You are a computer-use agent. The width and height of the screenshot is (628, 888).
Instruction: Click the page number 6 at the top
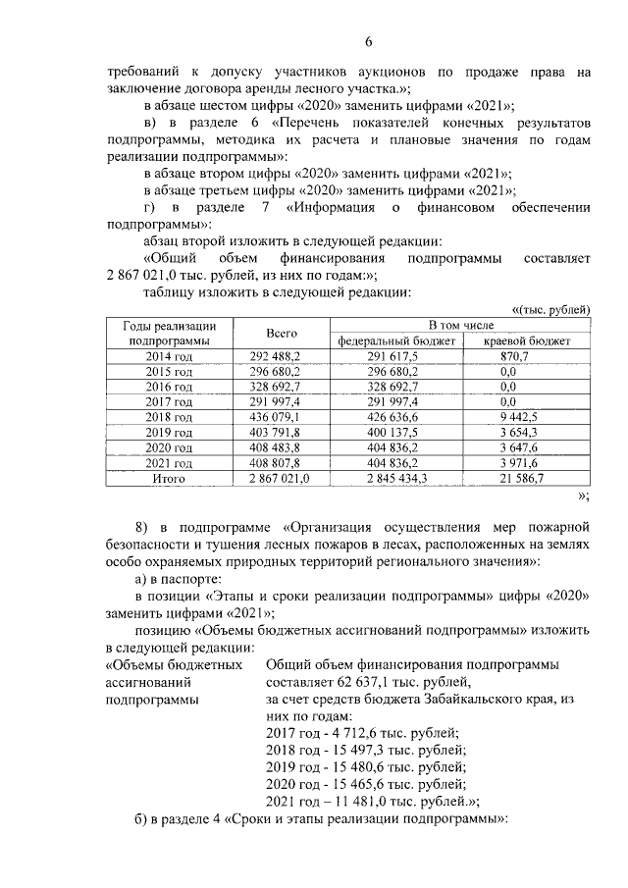click(369, 41)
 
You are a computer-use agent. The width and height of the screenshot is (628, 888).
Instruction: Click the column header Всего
click(282, 334)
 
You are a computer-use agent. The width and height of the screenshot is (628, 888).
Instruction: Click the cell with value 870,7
click(514, 357)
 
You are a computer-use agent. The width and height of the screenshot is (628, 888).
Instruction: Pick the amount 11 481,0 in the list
click(361, 800)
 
